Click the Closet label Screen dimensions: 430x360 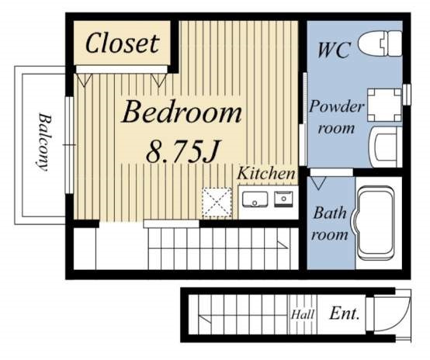(x=123, y=43)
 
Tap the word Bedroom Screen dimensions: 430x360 (x=182, y=112)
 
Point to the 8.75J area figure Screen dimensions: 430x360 (x=183, y=151)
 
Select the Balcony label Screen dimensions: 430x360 (x=44, y=142)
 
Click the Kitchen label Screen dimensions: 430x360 (x=266, y=174)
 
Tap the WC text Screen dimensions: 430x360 (x=334, y=50)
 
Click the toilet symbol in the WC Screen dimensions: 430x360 (x=380, y=43)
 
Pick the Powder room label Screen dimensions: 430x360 (x=337, y=117)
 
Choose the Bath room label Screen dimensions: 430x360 (x=330, y=223)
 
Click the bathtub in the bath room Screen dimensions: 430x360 (x=375, y=223)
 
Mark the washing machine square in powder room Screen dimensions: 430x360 (x=384, y=105)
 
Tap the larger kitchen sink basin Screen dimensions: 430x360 (x=255, y=199)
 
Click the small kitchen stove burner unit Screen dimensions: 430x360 (x=283, y=199)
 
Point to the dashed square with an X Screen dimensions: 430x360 (x=217, y=202)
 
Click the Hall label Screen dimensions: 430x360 (x=303, y=314)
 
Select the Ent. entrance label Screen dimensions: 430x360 (x=345, y=313)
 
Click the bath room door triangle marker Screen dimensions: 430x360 (x=318, y=183)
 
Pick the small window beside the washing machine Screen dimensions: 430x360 (x=407, y=95)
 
